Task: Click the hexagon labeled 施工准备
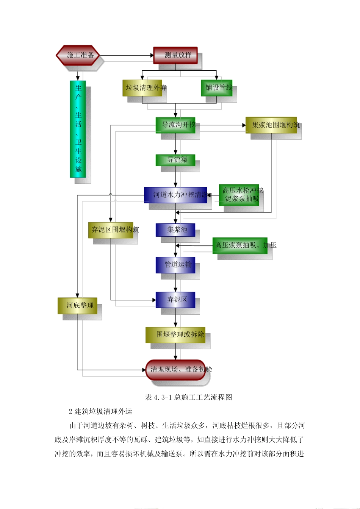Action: pos(78,55)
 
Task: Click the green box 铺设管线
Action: pos(216,88)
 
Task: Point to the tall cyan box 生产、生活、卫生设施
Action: pos(78,129)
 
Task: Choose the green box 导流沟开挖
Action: pos(175,125)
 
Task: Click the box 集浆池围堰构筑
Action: pos(271,125)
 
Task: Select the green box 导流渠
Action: pos(175,160)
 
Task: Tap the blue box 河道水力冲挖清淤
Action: pos(175,195)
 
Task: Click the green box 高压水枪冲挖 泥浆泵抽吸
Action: pos(239,195)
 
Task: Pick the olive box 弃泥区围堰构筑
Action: pos(111,230)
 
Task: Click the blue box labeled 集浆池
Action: pos(175,230)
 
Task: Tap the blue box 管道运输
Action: pos(175,265)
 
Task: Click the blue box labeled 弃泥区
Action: pos(175,300)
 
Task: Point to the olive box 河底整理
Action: pos(77,306)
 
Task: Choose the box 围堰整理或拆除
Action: pos(175,335)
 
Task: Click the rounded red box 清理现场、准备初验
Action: pos(176,370)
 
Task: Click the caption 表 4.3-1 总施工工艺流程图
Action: pos(188,397)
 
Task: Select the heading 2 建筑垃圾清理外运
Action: pos(100,411)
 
